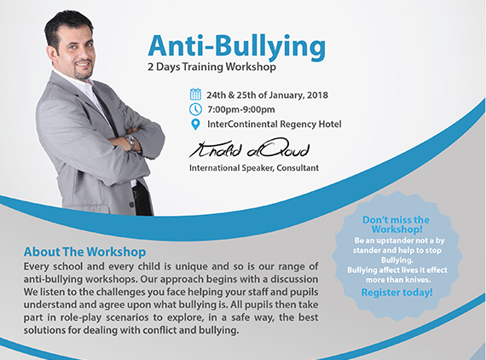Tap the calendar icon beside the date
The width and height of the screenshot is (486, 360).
pyautogui.click(x=195, y=94)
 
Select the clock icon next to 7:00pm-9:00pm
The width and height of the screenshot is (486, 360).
pyautogui.click(x=195, y=109)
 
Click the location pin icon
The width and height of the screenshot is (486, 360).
pyautogui.click(x=195, y=125)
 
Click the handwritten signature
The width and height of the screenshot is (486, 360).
pyautogui.click(x=250, y=148)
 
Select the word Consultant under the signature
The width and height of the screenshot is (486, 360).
pyautogui.click(x=298, y=168)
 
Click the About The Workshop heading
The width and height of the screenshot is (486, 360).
pyautogui.click(x=85, y=252)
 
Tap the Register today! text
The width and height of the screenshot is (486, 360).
pyautogui.click(x=397, y=293)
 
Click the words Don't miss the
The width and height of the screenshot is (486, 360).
pyautogui.click(x=396, y=220)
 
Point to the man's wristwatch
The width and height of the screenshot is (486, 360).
pyautogui.click(x=131, y=142)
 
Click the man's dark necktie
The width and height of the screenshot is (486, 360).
pyautogui.click(x=105, y=109)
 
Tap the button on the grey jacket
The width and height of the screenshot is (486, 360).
pyautogui.click(x=131, y=205)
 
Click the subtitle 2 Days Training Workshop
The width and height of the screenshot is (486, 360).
pyautogui.click(x=211, y=67)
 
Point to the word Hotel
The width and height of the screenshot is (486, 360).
pyautogui.click(x=330, y=124)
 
